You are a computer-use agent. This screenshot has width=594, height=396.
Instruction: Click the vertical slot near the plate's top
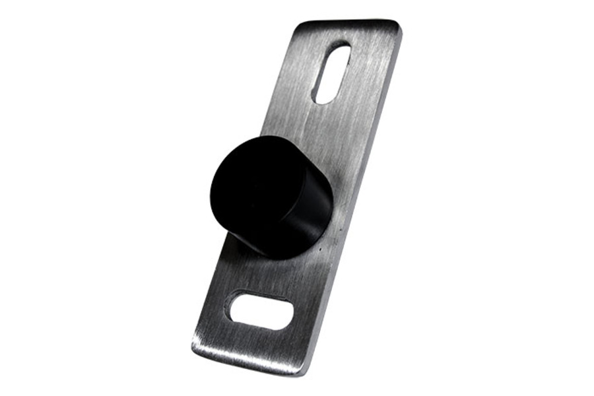coord(331,73)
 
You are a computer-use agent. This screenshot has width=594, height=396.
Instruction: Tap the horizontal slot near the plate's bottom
coord(259,311)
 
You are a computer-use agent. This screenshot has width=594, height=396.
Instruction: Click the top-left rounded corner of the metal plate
coord(298,26)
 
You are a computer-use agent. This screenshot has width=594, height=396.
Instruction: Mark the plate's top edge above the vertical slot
coord(346,24)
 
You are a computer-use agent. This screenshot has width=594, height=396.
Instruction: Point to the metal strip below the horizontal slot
coord(251,340)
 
